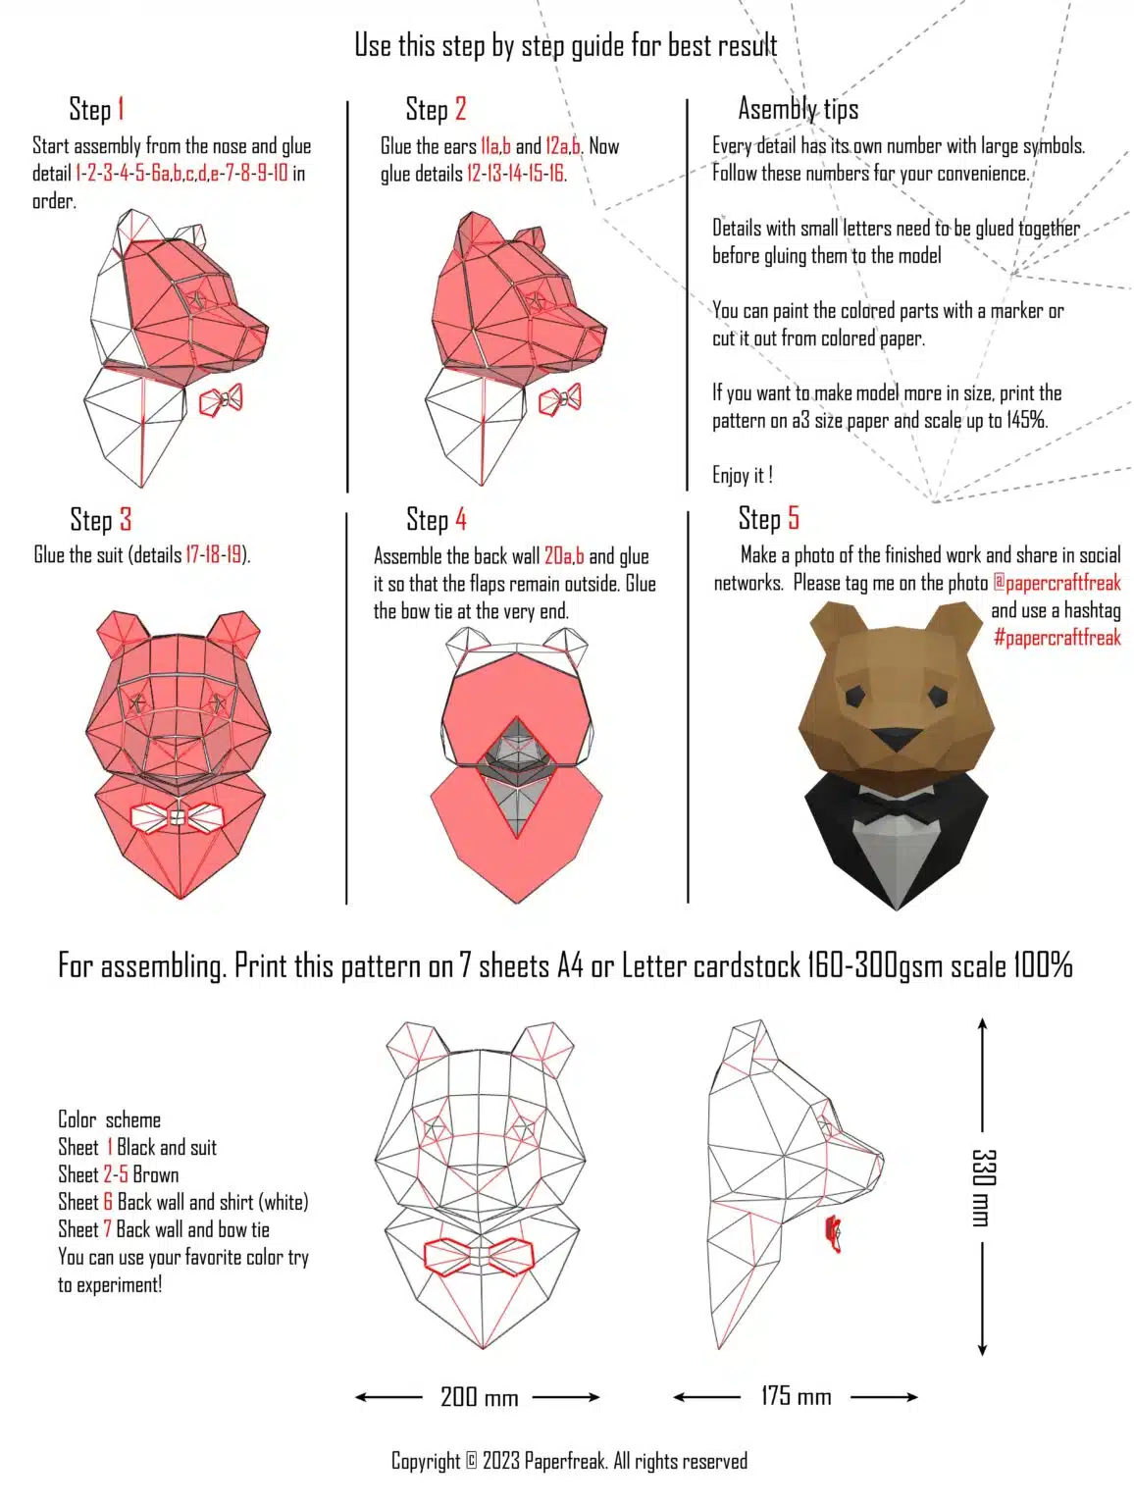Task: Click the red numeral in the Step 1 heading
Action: click(120, 109)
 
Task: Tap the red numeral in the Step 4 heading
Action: click(461, 519)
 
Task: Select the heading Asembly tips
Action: click(799, 109)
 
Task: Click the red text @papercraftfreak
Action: click(1057, 583)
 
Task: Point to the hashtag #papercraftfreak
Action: click(1057, 638)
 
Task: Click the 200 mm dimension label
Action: click(479, 1397)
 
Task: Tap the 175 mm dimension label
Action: click(797, 1396)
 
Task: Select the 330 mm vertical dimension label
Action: click(983, 1188)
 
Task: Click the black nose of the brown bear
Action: click(896, 739)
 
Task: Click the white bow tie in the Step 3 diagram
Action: click(178, 817)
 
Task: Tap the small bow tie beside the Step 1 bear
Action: click(221, 399)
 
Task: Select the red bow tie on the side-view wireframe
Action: click(834, 1232)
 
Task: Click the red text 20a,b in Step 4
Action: click(564, 556)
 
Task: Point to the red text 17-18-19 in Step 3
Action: click(214, 554)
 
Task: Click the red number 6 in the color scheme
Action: click(108, 1202)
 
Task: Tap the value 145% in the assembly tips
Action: click(1027, 420)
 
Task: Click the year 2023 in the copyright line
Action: click(500, 1461)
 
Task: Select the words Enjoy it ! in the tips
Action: click(743, 475)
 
